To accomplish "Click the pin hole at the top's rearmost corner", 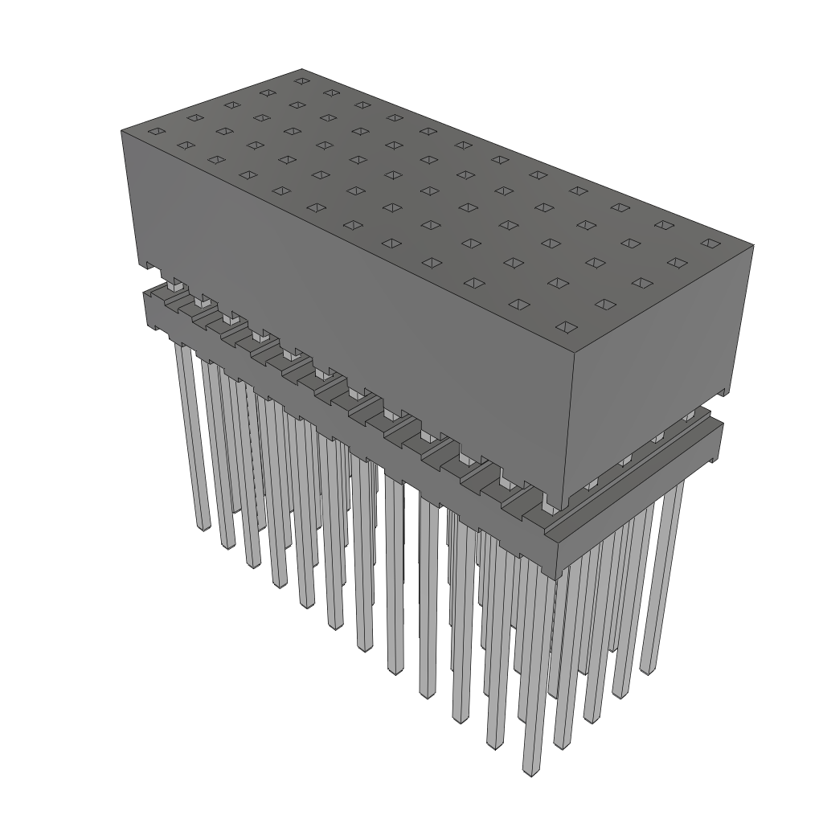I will click(x=302, y=80).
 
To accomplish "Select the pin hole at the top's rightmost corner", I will click(x=708, y=242).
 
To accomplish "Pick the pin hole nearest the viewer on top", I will click(x=567, y=327).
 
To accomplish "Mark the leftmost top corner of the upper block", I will click(x=121, y=129).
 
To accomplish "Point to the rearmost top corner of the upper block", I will click(x=302, y=69).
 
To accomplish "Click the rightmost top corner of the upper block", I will click(x=754, y=245).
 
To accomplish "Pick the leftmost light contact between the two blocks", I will click(x=173, y=282).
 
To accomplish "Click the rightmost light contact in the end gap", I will click(x=688, y=416).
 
